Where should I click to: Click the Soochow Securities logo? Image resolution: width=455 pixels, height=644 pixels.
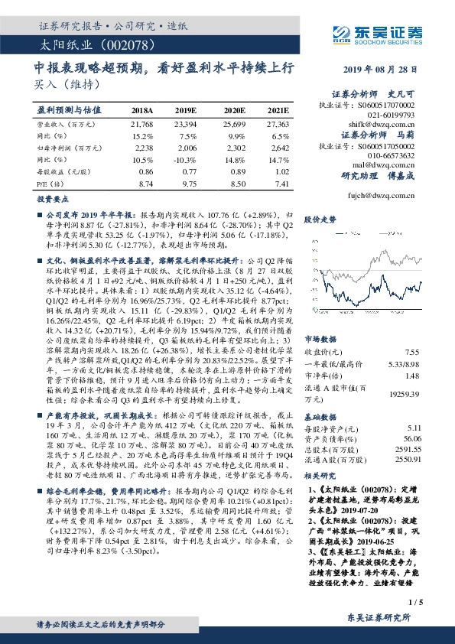click(379, 31)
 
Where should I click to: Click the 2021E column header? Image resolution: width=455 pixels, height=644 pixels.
click(278, 111)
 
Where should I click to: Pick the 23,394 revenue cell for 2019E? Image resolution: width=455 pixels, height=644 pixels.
click(187, 123)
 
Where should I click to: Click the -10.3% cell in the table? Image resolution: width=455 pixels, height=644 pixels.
click(187, 160)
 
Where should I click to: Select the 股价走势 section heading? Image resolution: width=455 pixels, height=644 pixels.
click(320, 219)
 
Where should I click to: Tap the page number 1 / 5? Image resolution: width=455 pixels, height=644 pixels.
click(416, 603)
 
